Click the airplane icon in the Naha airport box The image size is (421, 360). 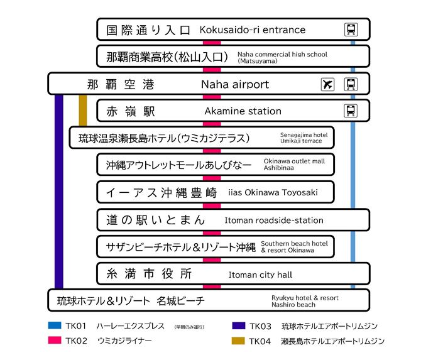coord(327,84)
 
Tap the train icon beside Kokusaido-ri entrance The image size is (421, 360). coord(351,30)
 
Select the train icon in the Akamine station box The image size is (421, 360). coord(351,111)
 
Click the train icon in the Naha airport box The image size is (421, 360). coord(351,84)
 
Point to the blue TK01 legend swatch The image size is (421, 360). coord(54,326)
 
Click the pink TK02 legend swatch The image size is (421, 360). coord(54,341)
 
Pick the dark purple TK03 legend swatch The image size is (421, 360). coord(238,326)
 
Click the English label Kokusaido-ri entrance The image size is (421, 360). coord(252,30)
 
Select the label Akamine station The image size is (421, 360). coord(243,111)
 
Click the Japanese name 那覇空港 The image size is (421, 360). coord(121,84)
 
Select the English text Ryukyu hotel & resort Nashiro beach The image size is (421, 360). coord(305,301)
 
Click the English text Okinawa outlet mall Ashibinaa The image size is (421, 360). coord(294,165)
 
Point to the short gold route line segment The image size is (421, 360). coord(83,110)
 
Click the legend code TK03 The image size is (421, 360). coord(260,326)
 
